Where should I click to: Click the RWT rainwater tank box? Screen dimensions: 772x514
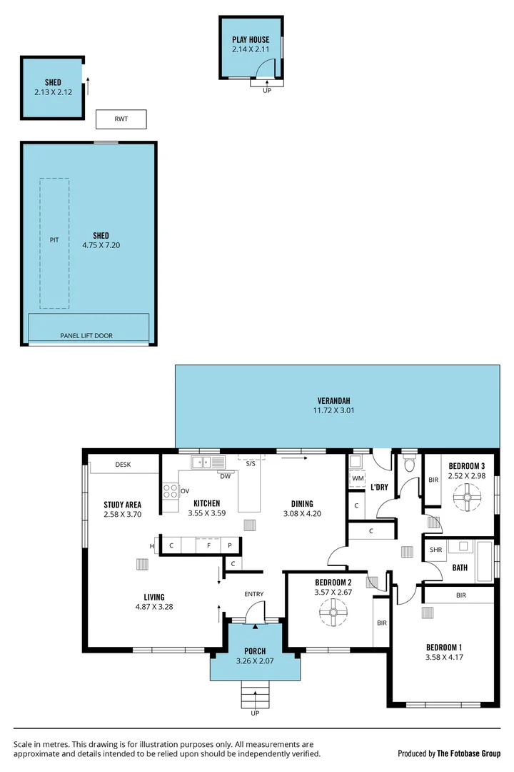pyautogui.click(x=121, y=119)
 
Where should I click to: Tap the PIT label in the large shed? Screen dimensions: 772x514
pyautogui.click(x=54, y=241)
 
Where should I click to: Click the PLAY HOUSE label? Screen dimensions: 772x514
pyautogui.click(x=251, y=40)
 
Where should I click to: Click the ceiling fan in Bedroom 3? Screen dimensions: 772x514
pyautogui.click(x=468, y=494)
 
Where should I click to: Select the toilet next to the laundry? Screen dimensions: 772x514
pyautogui.click(x=409, y=465)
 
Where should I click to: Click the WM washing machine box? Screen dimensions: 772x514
pyautogui.click(x=357, y=478)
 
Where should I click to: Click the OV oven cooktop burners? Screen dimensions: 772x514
pyautogui.click(x=171, y=491)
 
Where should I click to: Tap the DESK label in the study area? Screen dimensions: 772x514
pyautogui.click(x=123, y=465)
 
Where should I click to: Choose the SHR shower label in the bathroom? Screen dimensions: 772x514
pyautogui.click(x=435, y=550)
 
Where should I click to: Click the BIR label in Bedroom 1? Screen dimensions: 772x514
pyautogui.click(x=460, y=595)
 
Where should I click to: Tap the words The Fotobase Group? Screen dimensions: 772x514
pyautogui.click(x=469, y=753)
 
